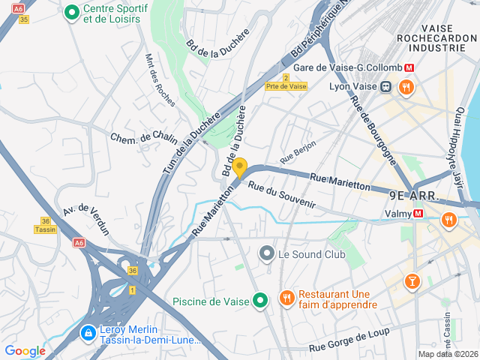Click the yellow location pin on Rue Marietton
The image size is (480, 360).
[239, 167]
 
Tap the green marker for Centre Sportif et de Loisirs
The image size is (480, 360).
[72, 12]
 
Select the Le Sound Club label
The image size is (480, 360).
[311, 254]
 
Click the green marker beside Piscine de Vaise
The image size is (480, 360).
[260, 301]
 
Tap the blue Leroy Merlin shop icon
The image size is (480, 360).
[88, 331]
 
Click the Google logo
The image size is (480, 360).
[25, 351]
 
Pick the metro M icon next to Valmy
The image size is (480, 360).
[418, 213]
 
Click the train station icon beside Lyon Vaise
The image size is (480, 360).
[385, 86]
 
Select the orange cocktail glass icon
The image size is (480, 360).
[411, 282]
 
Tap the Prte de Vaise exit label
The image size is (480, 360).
[286, 86]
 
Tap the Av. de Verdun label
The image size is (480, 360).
[86, 218]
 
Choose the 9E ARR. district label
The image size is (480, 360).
[413, 195]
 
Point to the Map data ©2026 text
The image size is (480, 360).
[447, 354]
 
